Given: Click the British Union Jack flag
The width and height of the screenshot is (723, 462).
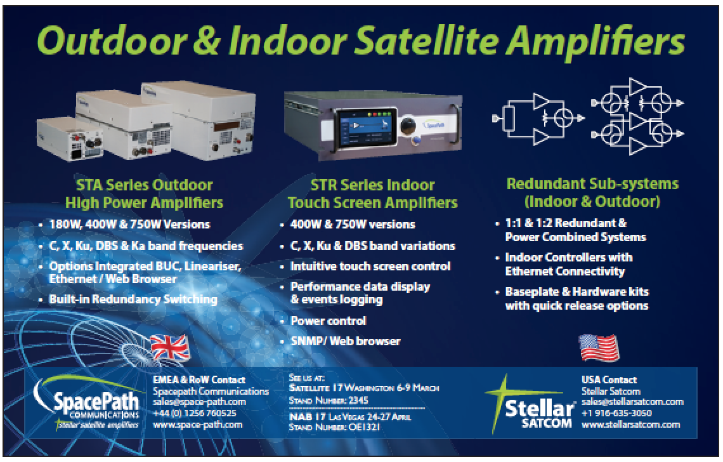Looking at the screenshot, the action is [170, 346].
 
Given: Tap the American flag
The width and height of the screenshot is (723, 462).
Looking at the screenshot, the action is [599, 347].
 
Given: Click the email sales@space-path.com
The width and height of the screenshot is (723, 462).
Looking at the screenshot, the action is [200, 402].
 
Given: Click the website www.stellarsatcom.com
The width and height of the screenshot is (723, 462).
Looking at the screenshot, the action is [631, 424].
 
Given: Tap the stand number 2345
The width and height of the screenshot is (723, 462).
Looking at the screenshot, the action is [358, 400].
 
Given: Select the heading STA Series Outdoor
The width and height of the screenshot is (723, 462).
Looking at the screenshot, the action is [145, 185].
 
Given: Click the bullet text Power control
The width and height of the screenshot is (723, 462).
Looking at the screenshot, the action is [329, 320].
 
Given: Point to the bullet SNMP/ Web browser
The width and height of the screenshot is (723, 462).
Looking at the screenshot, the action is [346, 341].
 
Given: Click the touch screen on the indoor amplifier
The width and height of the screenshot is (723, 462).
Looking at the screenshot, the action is [367, 128].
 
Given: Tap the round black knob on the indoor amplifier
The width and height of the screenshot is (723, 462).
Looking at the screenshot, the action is [408, 126].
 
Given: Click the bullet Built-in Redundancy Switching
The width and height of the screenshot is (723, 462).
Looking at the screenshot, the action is [133, 299].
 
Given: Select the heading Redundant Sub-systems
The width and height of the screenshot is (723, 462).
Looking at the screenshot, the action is [592, 183].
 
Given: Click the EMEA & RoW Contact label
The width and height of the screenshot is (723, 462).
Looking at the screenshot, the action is [199, 380].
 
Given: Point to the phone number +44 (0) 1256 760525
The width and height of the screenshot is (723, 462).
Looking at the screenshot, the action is [195, 413].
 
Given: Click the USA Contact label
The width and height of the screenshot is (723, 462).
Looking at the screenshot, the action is [609, 380].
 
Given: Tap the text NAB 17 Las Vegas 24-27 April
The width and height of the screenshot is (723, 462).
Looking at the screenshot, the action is [350, 417].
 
